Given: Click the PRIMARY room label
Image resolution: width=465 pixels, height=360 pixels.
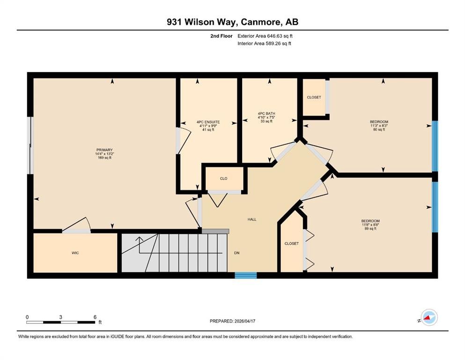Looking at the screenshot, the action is pyautogui.click(x=104, y=150).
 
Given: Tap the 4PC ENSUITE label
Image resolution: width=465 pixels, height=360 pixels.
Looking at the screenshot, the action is pyautogui.click(x=208, y=122).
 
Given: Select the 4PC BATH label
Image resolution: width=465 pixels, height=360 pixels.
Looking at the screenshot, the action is pyautogui.click(x=266, y=113).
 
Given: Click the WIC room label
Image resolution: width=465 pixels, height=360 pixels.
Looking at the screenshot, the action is pyautogui.click(x=75, y=253).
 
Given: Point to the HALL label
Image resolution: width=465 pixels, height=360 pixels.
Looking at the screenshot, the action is pyautogui.click(x=252, y=219).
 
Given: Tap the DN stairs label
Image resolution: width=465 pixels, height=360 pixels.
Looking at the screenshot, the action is pyautogui.click(x=236, y=253).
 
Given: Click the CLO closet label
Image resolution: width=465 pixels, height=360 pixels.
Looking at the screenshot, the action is pyautogui.click(x=224, y=179).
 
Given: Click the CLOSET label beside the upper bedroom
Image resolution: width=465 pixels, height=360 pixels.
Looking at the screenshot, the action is pyautogui.click(x=314, y=97).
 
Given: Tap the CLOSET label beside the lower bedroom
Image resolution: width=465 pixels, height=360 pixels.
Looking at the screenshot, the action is pyautogui.click(x=292, y=243).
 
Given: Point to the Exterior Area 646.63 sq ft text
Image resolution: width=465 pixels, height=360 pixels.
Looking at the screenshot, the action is pyautogui.click(x=265, y=36).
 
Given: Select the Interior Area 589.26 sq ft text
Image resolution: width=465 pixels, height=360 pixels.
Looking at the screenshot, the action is pyautogui.click(x=264, y=43).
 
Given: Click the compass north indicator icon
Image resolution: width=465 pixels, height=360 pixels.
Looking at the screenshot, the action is pyautogui.click(x=429, y=317).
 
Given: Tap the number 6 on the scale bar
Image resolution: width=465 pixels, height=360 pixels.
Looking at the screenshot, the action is pyautogui.click(x=95, y=317).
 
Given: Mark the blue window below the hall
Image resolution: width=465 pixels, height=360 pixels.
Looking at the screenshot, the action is pyautogui.click(x=246, y=275).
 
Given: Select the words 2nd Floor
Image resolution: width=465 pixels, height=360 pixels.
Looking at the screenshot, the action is pyautogui.click(x=221, y=36).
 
